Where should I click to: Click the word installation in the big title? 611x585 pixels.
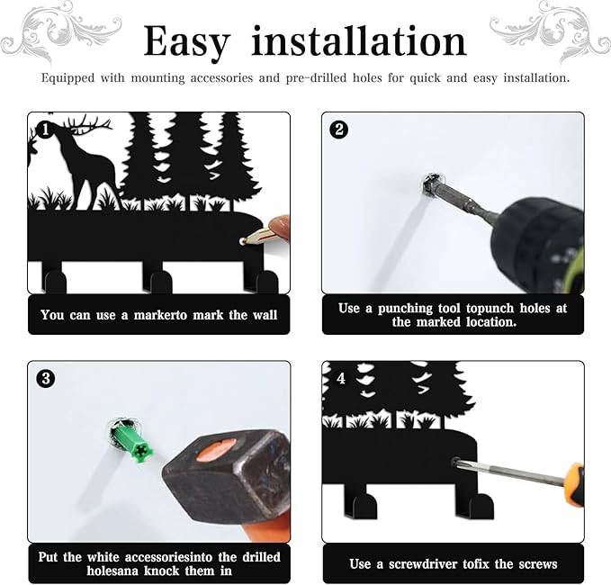tap(359, 40)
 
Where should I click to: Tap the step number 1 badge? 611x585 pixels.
tap(45, 130)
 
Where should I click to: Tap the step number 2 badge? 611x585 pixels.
tap(339, 130)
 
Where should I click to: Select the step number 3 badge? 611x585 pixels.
tap(46, 378)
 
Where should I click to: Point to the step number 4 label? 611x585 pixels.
tap(341, 378)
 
